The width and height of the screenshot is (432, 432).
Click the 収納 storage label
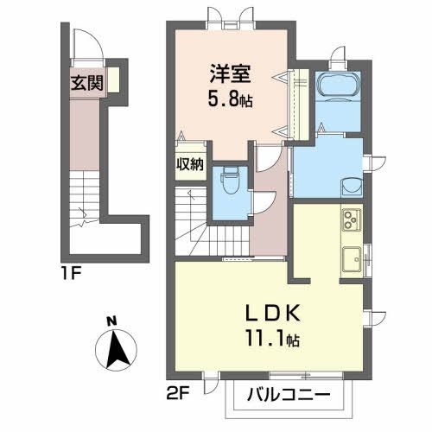(x=191, y=164)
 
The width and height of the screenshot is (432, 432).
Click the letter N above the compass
(x=111, y=322)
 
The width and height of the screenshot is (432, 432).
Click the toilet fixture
(x=230, y=182)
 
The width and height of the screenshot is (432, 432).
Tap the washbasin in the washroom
(x=351, y=186)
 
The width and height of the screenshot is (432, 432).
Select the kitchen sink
(x=352, y=258)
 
